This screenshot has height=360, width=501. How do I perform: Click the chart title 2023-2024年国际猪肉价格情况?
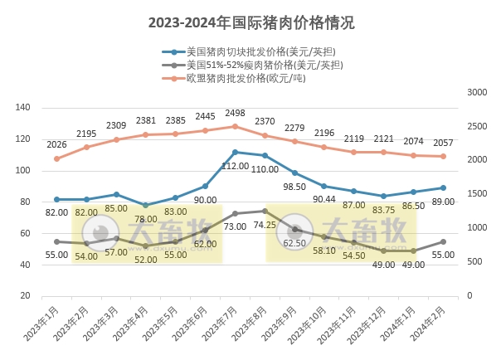tap(250, 22)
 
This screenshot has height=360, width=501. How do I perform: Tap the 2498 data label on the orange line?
tap(235, 113)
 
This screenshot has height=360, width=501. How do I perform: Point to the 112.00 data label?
tap(236, 166)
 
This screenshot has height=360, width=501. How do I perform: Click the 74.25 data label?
tap(265, 224)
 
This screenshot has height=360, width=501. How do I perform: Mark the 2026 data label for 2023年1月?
tap(56, 145)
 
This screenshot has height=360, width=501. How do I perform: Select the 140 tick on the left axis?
tap(23, 108)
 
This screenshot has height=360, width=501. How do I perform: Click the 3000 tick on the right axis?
tap(479, 92)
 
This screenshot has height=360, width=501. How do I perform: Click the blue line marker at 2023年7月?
tap(235, 152)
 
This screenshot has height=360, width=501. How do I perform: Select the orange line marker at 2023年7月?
tap(235, 126)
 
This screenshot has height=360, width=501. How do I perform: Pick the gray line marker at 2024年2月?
tap(443, 241)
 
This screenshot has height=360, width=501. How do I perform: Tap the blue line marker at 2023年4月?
tap(146, 205)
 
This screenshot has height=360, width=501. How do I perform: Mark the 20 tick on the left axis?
tap(26, 295)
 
